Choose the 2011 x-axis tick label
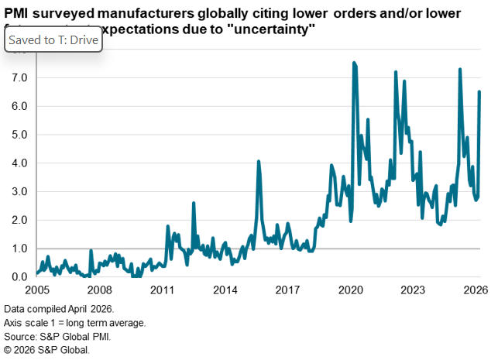(162, 291)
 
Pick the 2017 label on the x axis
(288, 291)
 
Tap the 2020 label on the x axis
(351, 291)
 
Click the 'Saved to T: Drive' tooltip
(53, 39)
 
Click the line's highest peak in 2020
(354, 63)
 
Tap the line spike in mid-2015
(259, 162)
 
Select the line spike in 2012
(193, 203)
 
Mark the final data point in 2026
(480, 92)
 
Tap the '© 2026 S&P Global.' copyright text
(47, 349)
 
